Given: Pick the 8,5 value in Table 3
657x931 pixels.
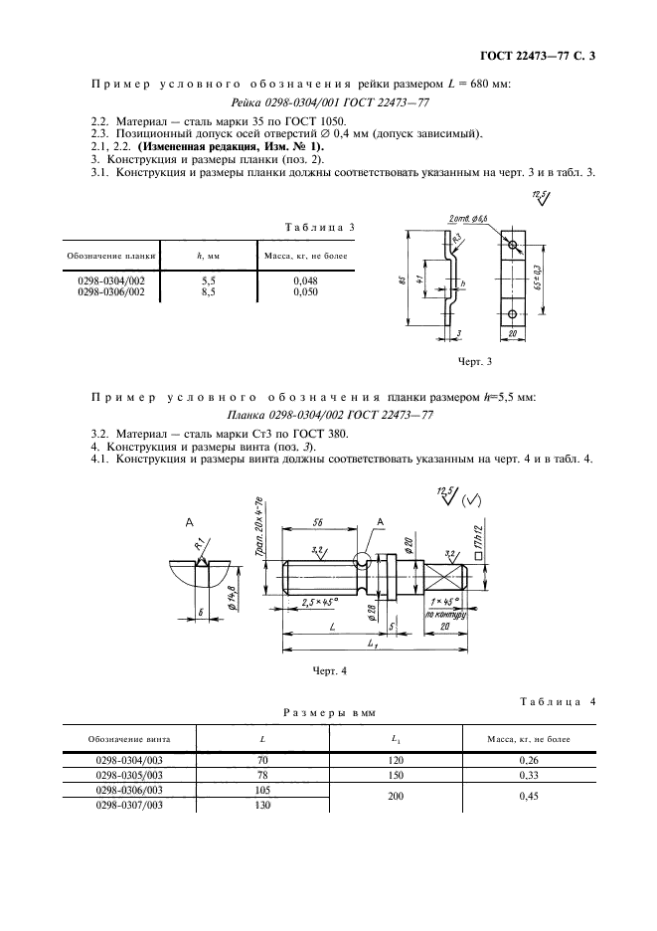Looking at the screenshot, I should point(208,292).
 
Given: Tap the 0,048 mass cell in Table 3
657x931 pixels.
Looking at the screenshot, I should point(303,281).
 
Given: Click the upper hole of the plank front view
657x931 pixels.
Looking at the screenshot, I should point(512,246).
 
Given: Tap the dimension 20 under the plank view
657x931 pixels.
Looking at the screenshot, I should point(512,335).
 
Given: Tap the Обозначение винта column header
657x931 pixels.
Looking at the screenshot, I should point(129,739).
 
